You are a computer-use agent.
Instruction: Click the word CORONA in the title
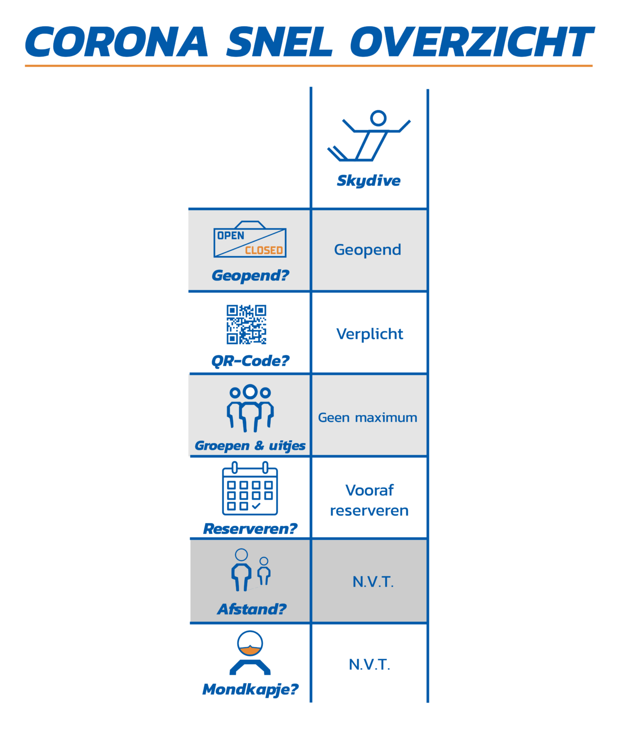117,41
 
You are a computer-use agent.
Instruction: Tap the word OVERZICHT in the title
472,41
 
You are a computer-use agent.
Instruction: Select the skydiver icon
369,136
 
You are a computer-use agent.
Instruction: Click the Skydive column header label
368,181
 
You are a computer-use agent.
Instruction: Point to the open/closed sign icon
250,239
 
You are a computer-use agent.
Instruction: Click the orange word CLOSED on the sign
264,250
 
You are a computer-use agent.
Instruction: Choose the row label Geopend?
250,276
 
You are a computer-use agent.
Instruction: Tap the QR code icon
246,325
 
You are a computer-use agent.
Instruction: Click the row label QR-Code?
250,361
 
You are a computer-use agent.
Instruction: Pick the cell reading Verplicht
369,334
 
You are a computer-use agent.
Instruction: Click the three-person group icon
250,408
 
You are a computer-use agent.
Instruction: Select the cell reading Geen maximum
367,418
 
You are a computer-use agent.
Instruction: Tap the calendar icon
250,488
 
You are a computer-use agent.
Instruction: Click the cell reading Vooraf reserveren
369,500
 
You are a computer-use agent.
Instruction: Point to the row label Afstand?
252,610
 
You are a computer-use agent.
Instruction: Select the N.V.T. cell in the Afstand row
373,582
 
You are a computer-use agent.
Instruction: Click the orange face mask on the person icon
250,651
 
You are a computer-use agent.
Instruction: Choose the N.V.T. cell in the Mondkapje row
369,665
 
